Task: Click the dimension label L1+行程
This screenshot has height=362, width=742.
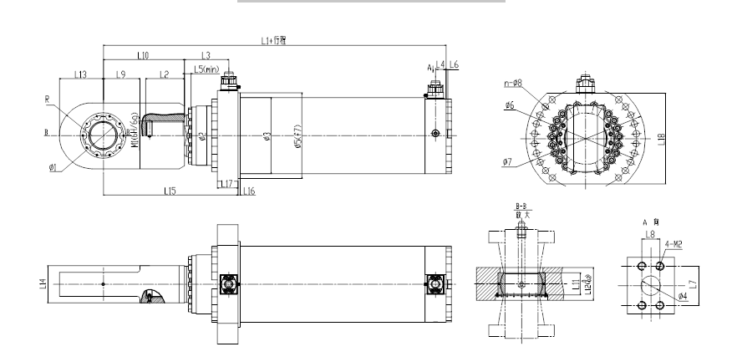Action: pos(274,40)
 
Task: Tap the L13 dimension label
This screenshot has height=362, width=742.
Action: pos(81,74)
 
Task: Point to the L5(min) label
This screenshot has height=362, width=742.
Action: pos(206,69)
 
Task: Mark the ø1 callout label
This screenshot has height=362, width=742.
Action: pos(53,168)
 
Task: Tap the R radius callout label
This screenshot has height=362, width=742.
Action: pos(48,99)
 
